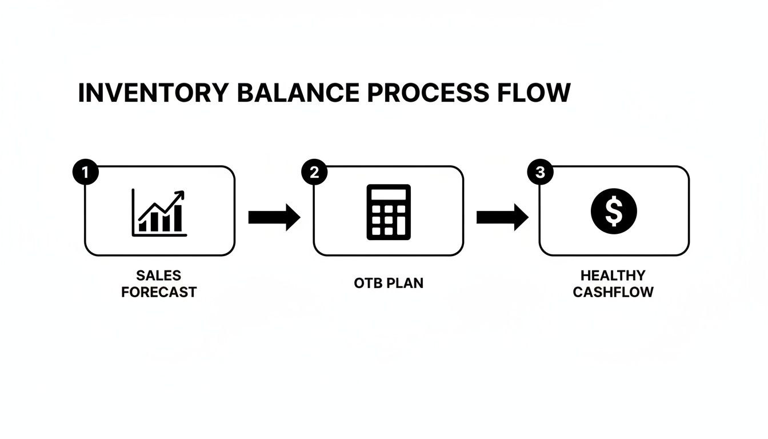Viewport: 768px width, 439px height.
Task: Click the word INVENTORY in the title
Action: click(153, 93)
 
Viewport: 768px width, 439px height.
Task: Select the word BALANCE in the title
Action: click(298, 93)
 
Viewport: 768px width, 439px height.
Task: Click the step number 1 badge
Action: click(86, 173)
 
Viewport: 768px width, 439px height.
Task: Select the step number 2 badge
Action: click(314, 173)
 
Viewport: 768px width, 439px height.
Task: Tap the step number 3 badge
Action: click(540, 173)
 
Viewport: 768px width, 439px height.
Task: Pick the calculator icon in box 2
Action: click(388, 211)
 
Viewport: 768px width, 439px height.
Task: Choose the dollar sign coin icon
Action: click(613, 211)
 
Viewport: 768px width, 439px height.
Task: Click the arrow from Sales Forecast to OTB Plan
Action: click(274, 217)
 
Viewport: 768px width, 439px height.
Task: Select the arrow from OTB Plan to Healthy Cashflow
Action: click(502, 217)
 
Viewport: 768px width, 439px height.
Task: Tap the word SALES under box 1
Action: click(159, 276)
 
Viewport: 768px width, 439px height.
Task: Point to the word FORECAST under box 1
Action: click(159, 292)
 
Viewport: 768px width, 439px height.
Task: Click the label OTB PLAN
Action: click(389, 284)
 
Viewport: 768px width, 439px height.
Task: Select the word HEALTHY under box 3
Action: click(613, 276)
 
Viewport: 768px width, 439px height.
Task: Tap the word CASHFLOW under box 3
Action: click(613, 292)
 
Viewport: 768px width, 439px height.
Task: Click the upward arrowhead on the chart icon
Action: click(180, 195)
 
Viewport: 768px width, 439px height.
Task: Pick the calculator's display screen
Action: click(388, 194)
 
